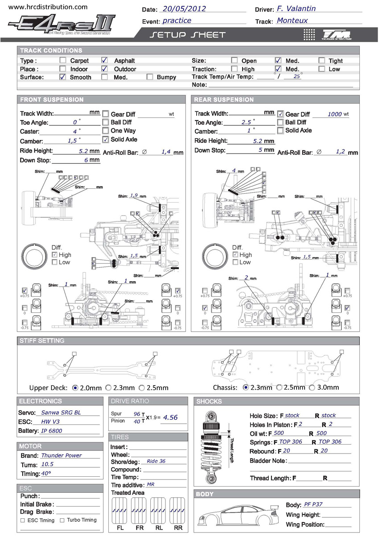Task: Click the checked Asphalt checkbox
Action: pyautogui.click(x=104, y=60)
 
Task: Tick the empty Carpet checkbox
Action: pyautogui.click(x=63, y=60)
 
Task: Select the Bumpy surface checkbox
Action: pyautogui.click(x=150, y=77)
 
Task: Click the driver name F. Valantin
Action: pyautogui.click(x=296, y=8)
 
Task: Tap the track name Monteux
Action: pyautogui.click(x=292, y=20)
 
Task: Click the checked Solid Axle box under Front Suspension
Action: pyautogui.click(x=106, y=139)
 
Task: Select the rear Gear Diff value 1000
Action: pyautogui.click(x=334, y=114)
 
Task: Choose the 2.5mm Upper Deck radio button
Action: pyautogui.click(x=142, y=387)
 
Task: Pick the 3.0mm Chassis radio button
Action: pyautogui.click(x=312, y=387)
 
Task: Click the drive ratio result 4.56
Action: pyautogui.click(x=170, y=417)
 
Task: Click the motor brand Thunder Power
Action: pyautogui.click(x=62, y=455)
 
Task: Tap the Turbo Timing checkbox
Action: pyautogui.click(x=62, y=520)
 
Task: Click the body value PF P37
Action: pyautogui.click(x=313, y=504)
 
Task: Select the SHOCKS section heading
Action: pyautogui.click(x=209, y=401)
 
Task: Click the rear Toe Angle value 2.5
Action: pyautogui.click(x=246, y=122)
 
